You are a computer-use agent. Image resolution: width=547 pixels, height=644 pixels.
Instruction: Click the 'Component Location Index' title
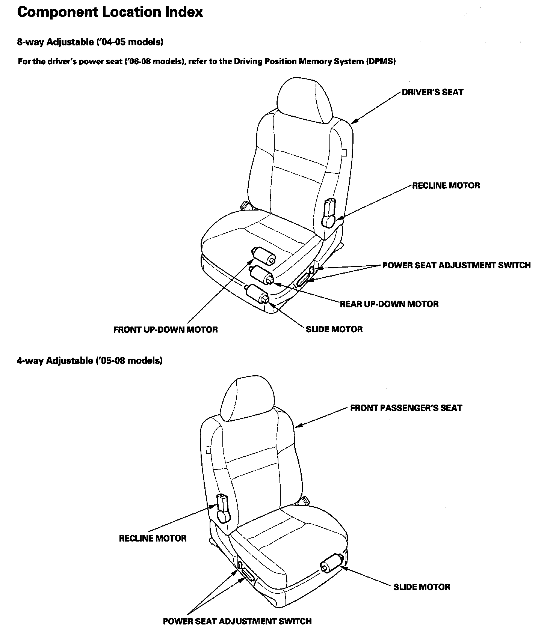tap(110, 12)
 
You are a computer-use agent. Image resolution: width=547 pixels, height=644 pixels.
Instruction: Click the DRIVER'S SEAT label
tap(432, 92)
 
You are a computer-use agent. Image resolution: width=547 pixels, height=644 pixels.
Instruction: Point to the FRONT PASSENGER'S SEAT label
tap(406, 408)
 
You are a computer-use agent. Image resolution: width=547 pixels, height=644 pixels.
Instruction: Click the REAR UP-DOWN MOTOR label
tap(389, 304)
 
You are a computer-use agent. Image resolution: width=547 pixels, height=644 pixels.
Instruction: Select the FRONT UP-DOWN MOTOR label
tap(165, 330)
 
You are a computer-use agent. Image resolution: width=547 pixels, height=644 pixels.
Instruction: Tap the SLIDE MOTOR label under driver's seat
tap(334, 330)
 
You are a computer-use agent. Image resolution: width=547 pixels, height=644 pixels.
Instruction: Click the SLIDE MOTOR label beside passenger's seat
tap(422, 587)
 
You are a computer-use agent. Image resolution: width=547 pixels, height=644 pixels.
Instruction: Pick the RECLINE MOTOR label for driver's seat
tap(446, 186)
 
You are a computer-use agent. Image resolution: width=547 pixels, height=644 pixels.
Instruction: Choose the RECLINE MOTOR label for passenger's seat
tap(153, 539)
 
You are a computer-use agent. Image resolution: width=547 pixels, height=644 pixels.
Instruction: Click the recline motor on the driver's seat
tap(329, 214)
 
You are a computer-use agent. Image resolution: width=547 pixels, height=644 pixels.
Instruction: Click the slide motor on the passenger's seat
tap(331, 564)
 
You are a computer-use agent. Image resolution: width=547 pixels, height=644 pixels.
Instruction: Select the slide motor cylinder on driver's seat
tap(258, 293)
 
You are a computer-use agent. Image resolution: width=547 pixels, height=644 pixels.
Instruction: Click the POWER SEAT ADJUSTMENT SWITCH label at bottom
tap(237, 621)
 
